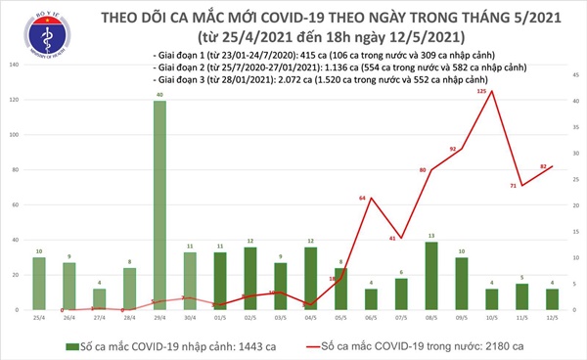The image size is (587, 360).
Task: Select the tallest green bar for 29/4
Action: pyautogui.click(x=158, y=205)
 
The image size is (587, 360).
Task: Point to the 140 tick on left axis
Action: pyautogui.click(x=13, y=65)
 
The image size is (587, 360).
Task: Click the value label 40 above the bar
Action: pyautogui.click(x=158, y=95)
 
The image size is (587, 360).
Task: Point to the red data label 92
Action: pyautogui.click(x=453, y=149)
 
